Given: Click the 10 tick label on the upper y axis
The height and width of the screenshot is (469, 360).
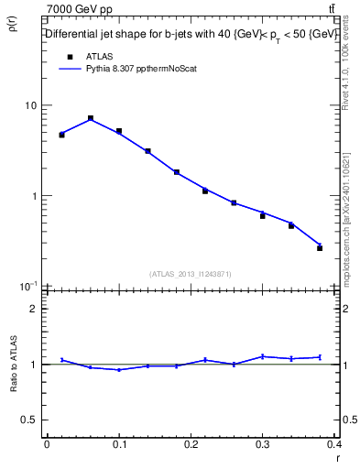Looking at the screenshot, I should click(x=30, y=105).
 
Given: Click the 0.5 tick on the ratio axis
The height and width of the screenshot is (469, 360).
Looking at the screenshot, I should click(x=29, y=420).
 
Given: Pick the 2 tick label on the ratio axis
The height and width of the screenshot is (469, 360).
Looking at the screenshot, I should click(x=34, y=309).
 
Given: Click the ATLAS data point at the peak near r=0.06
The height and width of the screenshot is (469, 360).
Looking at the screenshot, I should click(x=91, y=118).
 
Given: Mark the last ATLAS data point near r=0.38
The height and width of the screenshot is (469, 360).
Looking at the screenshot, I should click(x=320, y=247).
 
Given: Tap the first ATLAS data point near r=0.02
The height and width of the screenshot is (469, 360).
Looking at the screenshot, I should click(x=61, y=135).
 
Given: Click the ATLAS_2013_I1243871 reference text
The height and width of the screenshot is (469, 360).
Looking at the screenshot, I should click(x=191, y=274).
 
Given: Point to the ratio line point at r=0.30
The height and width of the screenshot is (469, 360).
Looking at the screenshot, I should click(x=262, y=355).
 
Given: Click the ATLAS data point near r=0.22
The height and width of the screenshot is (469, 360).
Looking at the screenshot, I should click(x=205, y=191).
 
